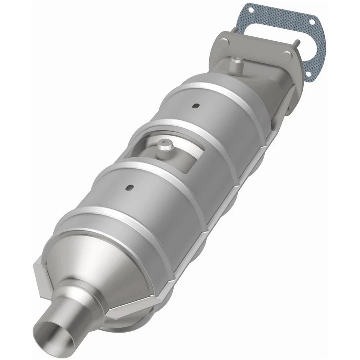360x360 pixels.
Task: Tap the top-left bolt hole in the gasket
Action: pos(250,10)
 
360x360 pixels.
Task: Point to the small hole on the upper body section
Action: pos(195,106)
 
